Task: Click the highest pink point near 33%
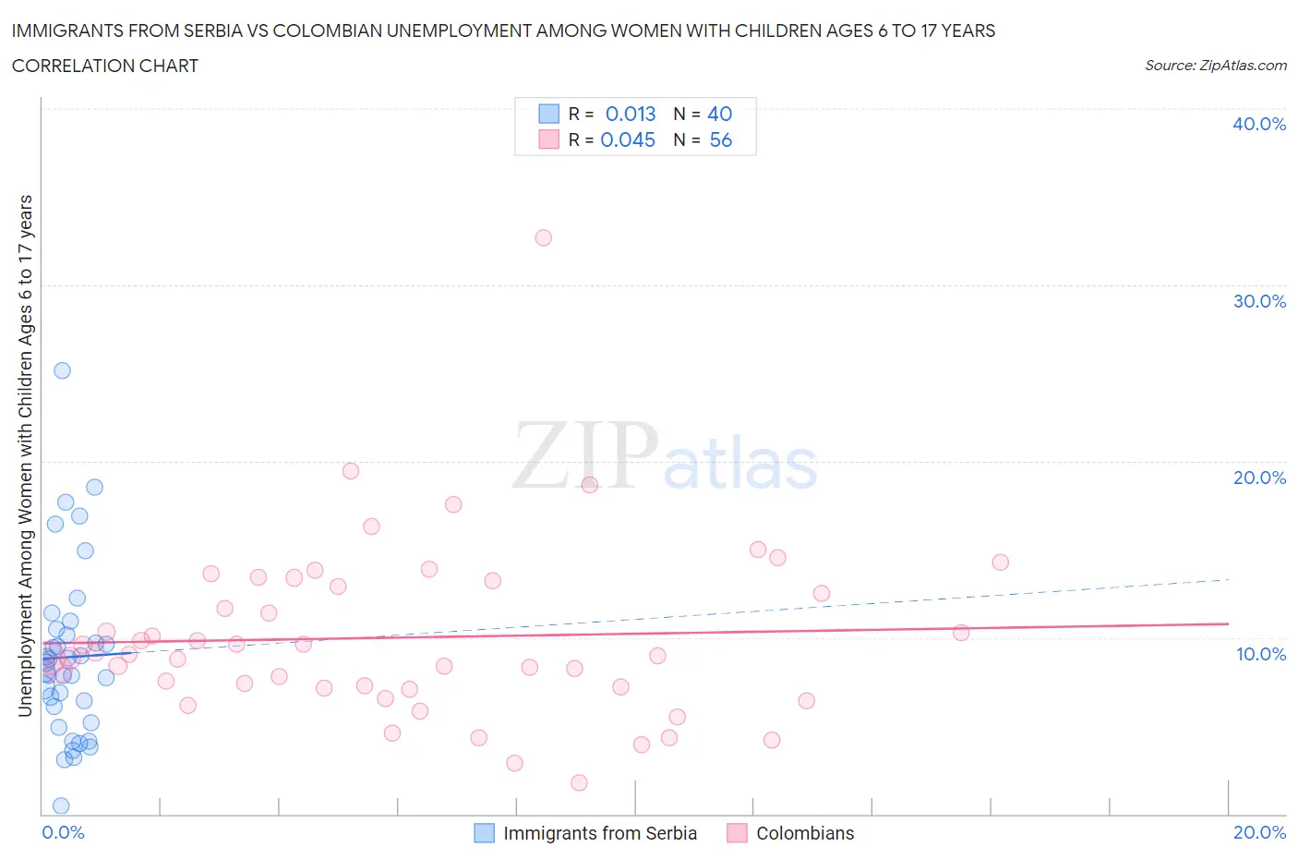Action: click(x=543, y=238)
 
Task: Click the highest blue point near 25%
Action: click(x=62, y=370)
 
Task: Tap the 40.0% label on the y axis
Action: click(x=1258, y=124)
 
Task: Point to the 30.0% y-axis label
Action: click(x=1258, y=301)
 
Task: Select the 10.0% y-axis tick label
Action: click(x=1260, y=654)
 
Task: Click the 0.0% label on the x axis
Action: click(x=63, y=832)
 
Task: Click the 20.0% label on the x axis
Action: click(x=1259, y=832)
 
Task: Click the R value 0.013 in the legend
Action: click(x=631, y=114)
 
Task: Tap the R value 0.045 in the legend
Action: click(x=628, y=139)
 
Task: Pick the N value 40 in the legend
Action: click(x=719, y=114)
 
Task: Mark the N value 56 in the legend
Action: click(x=720, y=139)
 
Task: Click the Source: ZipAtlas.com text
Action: click(x=1215, y=66)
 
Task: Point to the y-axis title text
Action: click(x=25, y=455)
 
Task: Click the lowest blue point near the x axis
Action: click(x=61, y=805)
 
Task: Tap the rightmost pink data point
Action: click(x=1000, y=563)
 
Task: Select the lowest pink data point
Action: click(x=579, y=782)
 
